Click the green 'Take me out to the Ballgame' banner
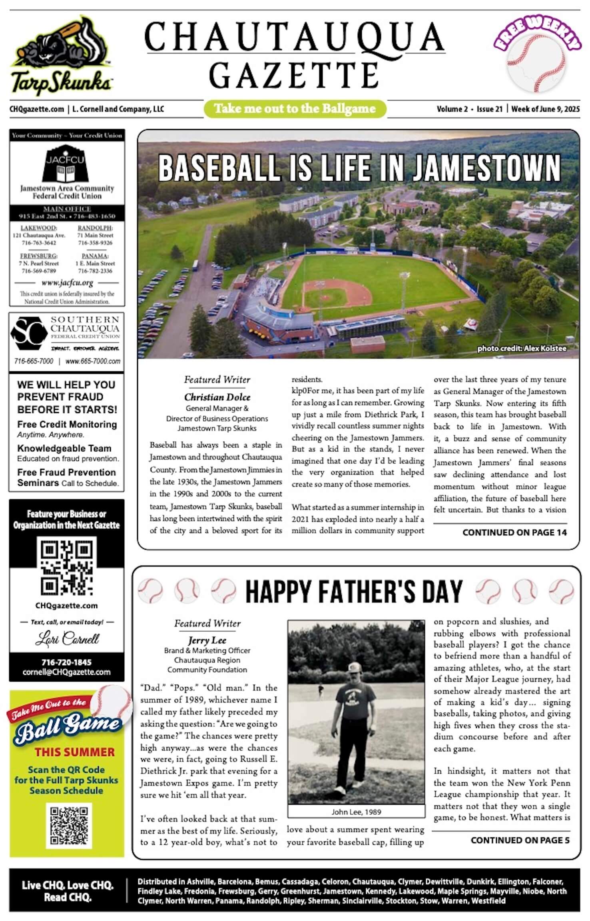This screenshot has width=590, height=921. click(x=295, y=109)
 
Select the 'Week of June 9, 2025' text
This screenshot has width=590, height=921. click(x=545, y=109)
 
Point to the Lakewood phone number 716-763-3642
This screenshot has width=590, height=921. click(x=39, y=243)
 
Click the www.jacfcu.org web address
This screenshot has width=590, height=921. click(x=67, y=283)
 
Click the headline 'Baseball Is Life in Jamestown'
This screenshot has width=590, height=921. click(x=359, y=168)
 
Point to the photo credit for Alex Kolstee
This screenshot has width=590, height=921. click(x=522, y=349)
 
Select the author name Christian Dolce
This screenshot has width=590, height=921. click(x=217, y=397)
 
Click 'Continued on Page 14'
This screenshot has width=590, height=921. click(x=514, y=532)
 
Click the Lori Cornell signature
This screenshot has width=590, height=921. click(x=67, y=639)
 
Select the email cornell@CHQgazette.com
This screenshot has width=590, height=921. click(x=66, y=672)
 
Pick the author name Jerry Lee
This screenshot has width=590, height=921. click(x=207, y=640)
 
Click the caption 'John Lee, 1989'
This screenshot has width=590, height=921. click(x=356, y=812)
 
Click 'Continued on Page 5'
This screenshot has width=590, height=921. click(x=520, y=840)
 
